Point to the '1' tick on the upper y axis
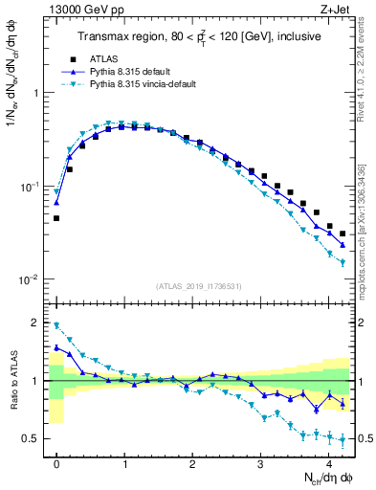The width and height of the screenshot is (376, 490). click(38, 93)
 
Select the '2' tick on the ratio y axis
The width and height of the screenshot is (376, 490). click(38, 323)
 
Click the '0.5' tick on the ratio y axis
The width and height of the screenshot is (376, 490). click(33, 438)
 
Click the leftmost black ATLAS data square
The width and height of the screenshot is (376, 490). click(56, 218)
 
